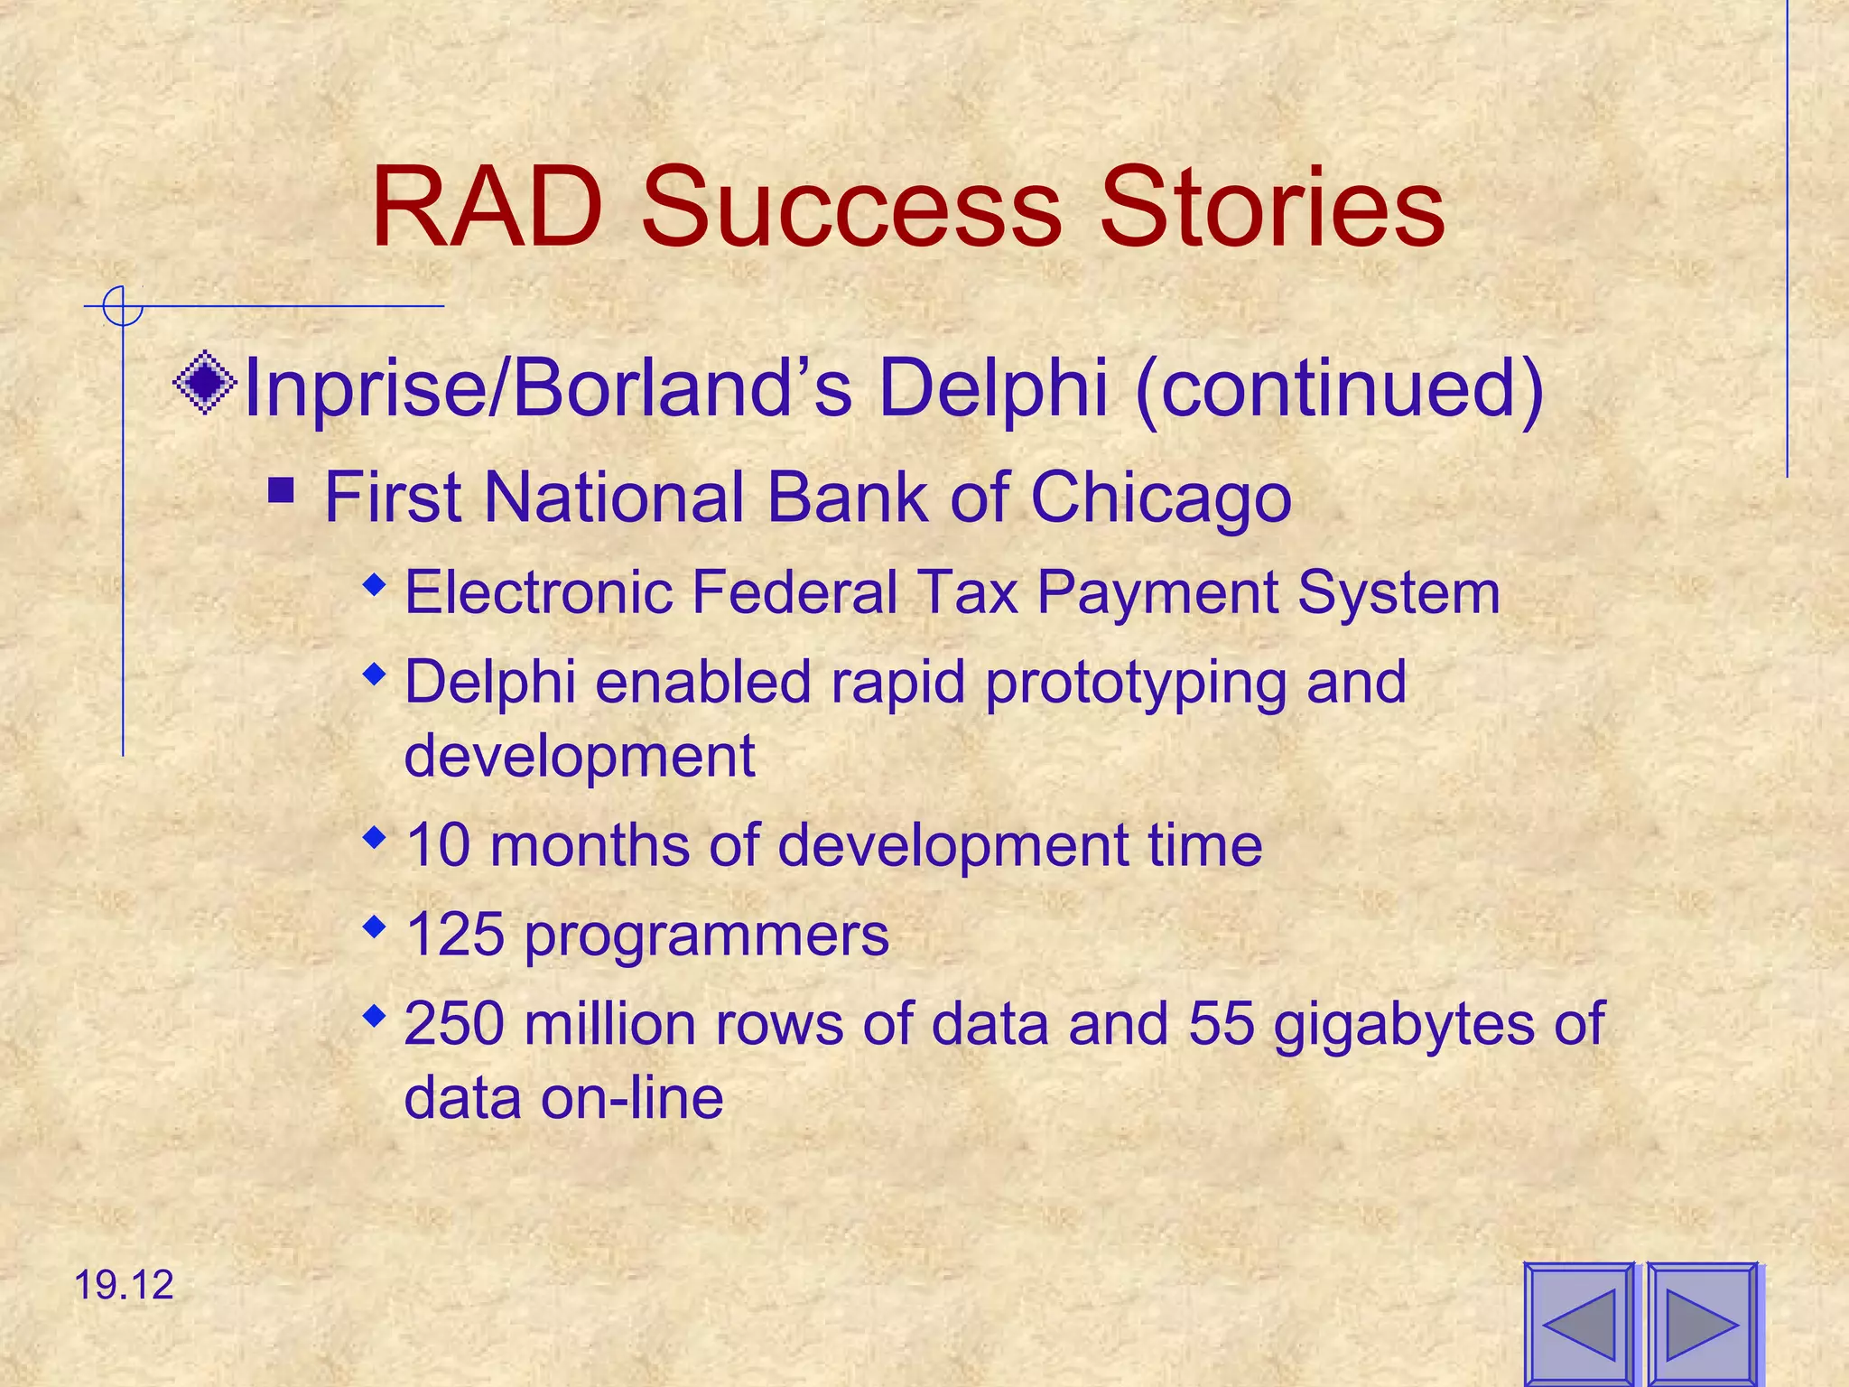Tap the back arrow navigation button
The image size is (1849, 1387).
1579,1324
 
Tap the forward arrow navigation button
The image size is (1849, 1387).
1702,1324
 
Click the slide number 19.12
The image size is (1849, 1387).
124,1285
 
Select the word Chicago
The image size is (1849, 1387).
1160,498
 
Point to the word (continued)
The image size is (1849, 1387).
1340,388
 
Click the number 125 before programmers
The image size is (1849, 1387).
454,934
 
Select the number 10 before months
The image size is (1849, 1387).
438,845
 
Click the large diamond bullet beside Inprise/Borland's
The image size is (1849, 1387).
205,382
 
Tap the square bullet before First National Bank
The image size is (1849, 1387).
282,491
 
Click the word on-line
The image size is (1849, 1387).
632,1098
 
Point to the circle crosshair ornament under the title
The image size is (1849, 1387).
122,306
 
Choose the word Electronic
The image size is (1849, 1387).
539,592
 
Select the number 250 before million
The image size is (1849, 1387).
454,1024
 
